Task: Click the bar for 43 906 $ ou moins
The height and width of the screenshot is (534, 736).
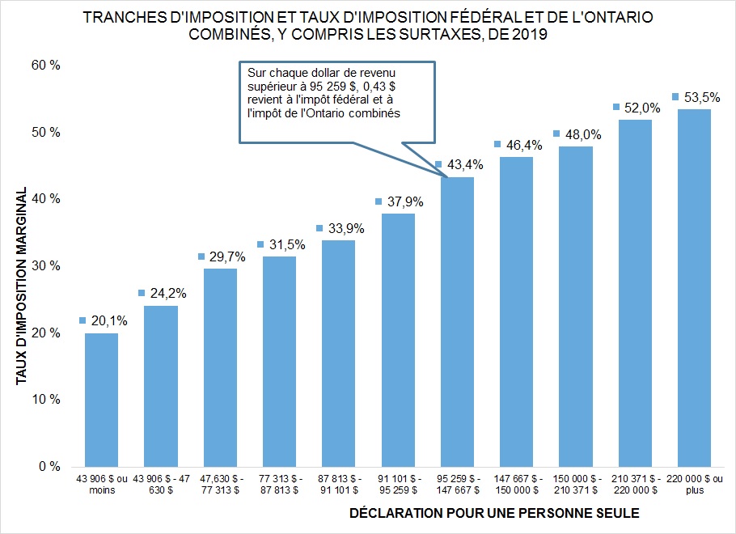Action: pyautogui.click(x=101, y=400)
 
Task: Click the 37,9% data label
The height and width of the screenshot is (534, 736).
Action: pyautogui.click(x=400, y=201)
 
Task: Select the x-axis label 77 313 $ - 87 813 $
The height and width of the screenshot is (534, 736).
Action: pyautogui.click(x=279, y=484)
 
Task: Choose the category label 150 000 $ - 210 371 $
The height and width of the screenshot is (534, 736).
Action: pyautogui.click(x=575, y=484)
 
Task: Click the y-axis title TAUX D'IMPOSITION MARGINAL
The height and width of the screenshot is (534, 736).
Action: pyautogui.click(x=21, y=286)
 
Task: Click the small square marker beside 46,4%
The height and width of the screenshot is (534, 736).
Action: pyautogui.click(x=497, y=145)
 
